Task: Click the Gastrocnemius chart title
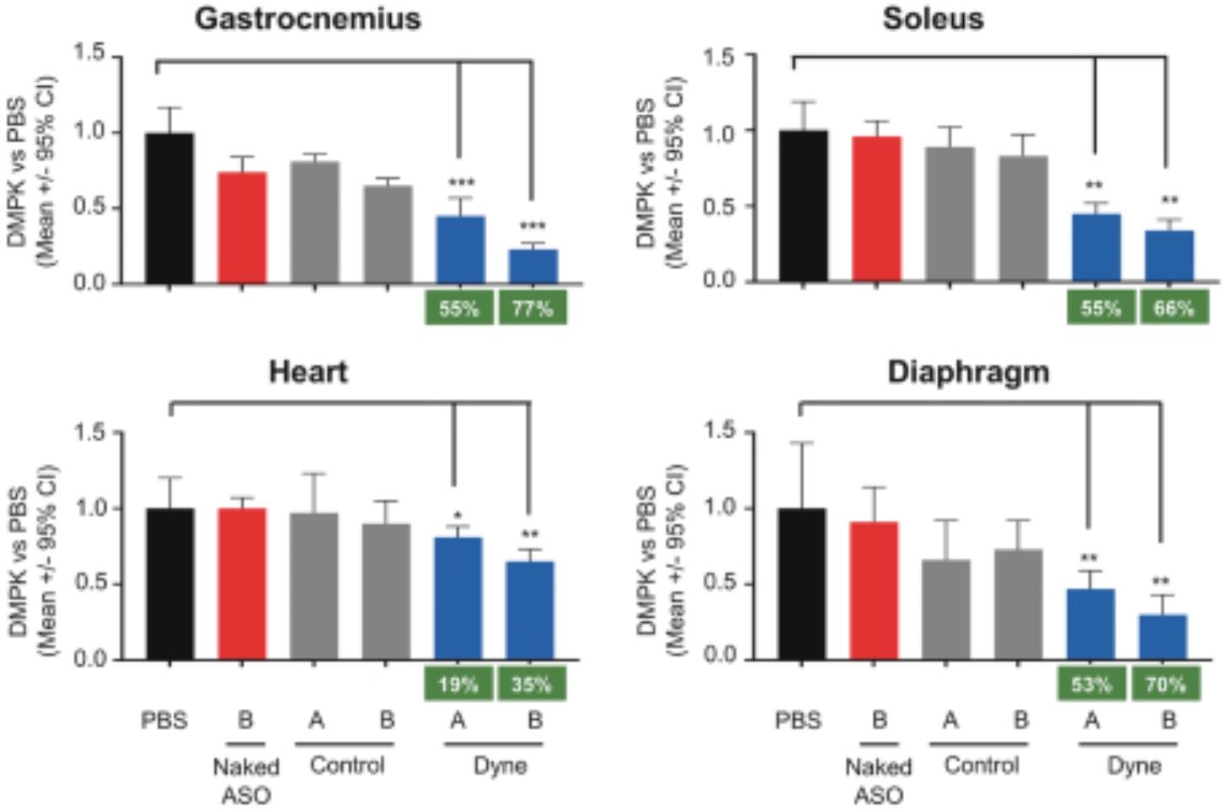tap(307, 19)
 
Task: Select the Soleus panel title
tap(933, 19)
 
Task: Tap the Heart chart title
tap(307, 371)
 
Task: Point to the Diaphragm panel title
tap(968, 371)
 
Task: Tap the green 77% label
tap(532, 309)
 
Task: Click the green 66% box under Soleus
tap(1173, 309)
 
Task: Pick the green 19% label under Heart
tap(458, 684)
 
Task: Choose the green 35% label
tap(531, 684)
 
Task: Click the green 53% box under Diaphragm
tap(1091, 684)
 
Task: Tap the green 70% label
tap(1165, 684)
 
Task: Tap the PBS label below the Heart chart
tap(165, 722)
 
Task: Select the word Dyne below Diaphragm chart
tap(1134, 765)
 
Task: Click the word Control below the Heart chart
tap(347, 765)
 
